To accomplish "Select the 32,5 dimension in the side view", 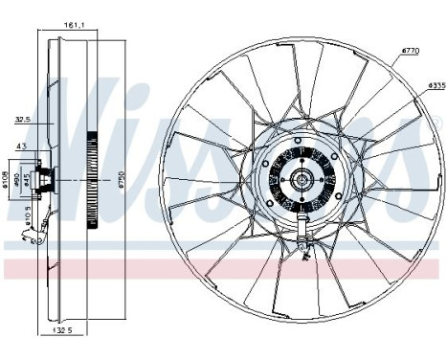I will coord(22,120).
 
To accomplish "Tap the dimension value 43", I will coord(21,145).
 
